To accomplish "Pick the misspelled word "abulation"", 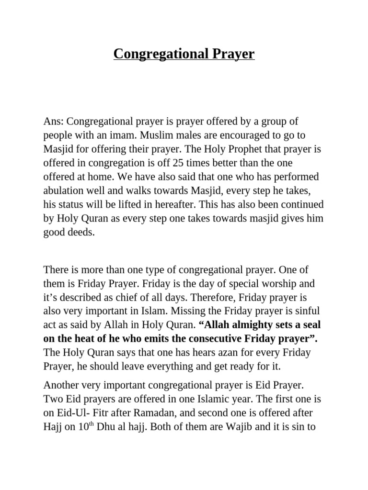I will (63, 191).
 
